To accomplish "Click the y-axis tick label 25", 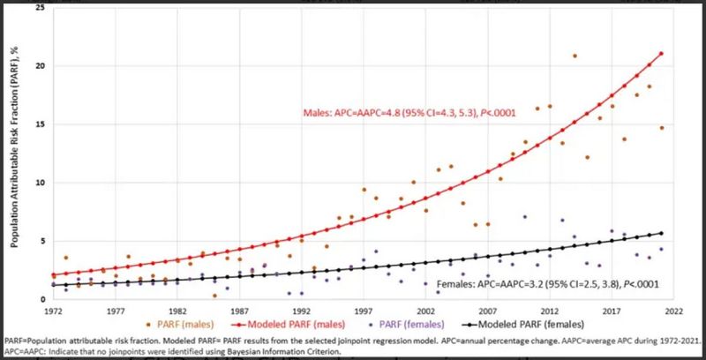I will click(x=39, y=7).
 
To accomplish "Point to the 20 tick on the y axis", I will click(x=39, y=66).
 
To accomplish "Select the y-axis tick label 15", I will click(x=39, y=124).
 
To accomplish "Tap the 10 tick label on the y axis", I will click(x=39, y=183).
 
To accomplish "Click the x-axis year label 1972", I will click(x=56, y=311).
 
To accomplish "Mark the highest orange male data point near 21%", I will click(x=574, y=56).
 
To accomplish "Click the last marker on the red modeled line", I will click(x=661, y=54).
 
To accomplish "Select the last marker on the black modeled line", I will click(x=661, y=233).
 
